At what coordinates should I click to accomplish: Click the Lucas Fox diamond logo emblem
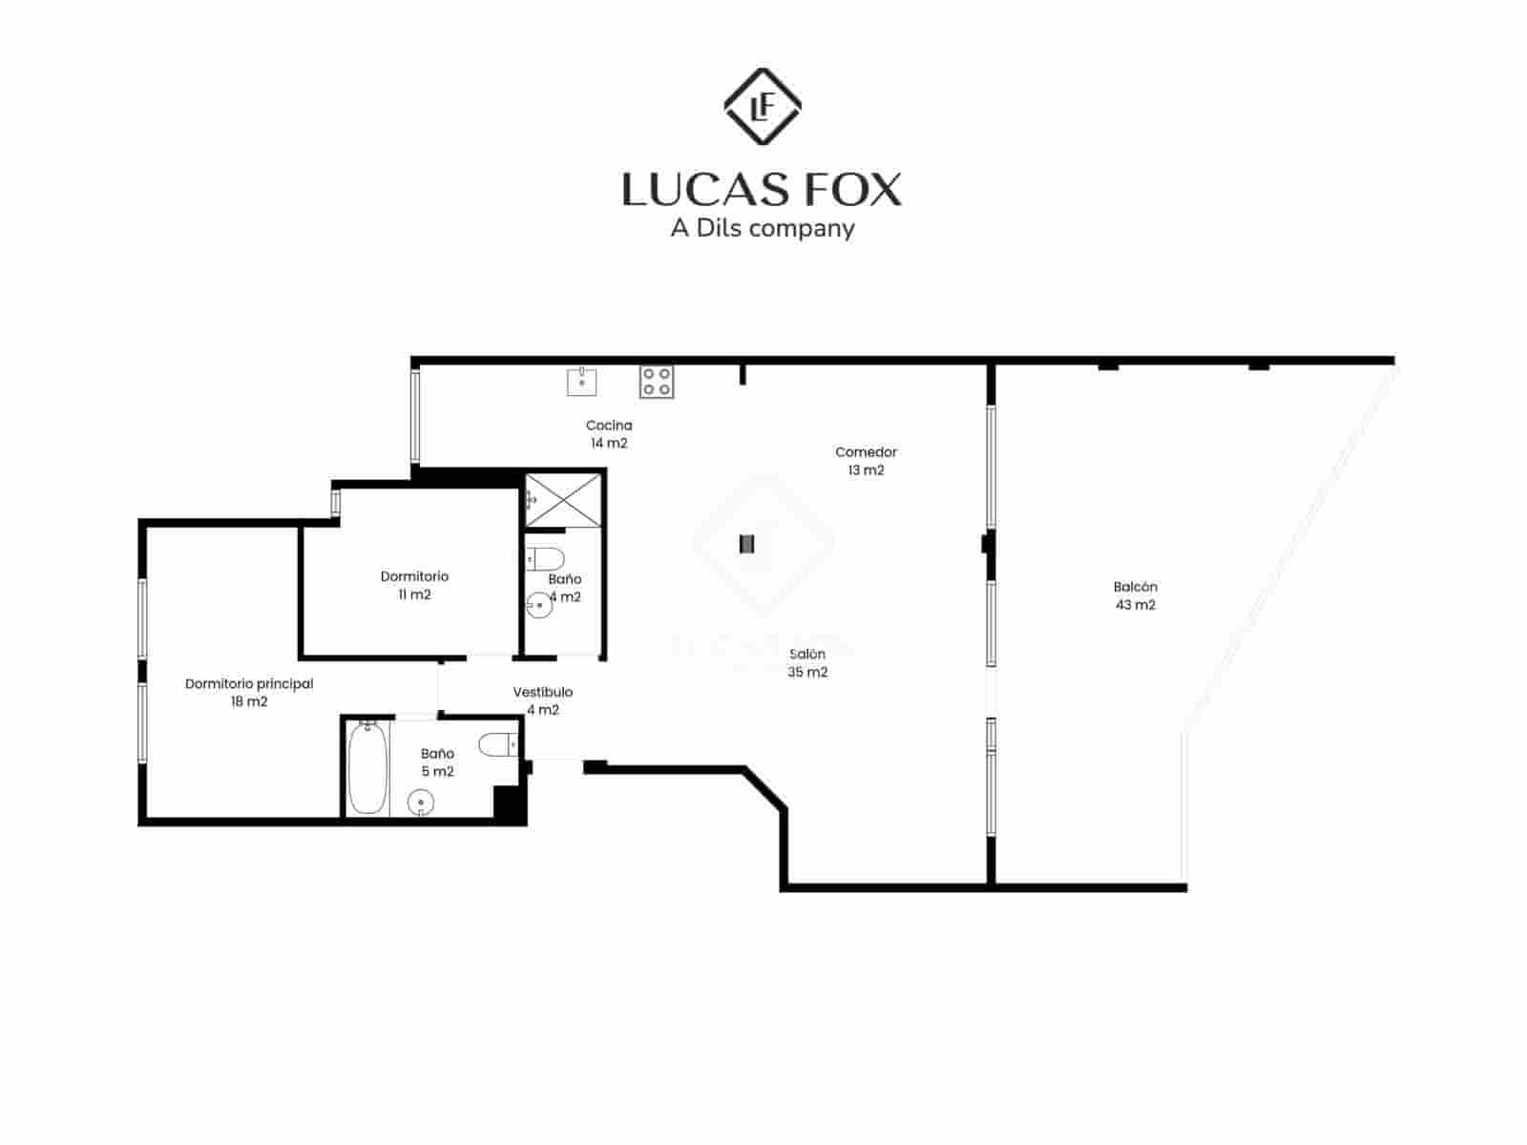click(762, 107)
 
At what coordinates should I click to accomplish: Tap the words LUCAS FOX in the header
click(762, 189)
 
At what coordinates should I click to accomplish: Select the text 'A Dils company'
click(762, 228)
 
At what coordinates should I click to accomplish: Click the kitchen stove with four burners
click(657, 382)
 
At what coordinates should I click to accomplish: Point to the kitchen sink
click(581, 382)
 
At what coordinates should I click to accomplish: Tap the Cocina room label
click(609, 426)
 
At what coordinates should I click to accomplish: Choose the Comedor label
click(866, 452)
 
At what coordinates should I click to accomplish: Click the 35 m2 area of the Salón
click(807, 672)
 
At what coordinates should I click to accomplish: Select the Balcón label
click(1135, 587)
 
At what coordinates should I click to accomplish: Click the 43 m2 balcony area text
click(1135, 605)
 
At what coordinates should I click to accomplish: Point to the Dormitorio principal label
click(249, 683)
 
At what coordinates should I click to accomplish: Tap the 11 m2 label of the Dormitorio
click(414, 594)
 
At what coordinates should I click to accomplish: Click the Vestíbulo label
click(542, 692)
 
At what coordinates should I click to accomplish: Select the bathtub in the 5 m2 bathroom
click(366, 769)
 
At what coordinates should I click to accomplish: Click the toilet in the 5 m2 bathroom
click(498, 744)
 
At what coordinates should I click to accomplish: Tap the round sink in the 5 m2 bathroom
click(421, 803)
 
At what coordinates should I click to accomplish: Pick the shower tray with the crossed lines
click(563, 499)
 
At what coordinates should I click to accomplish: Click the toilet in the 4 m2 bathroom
click(546, 558)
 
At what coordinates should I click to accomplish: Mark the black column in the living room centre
click(747, 543)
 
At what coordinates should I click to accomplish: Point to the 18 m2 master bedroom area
click(249, 701)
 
